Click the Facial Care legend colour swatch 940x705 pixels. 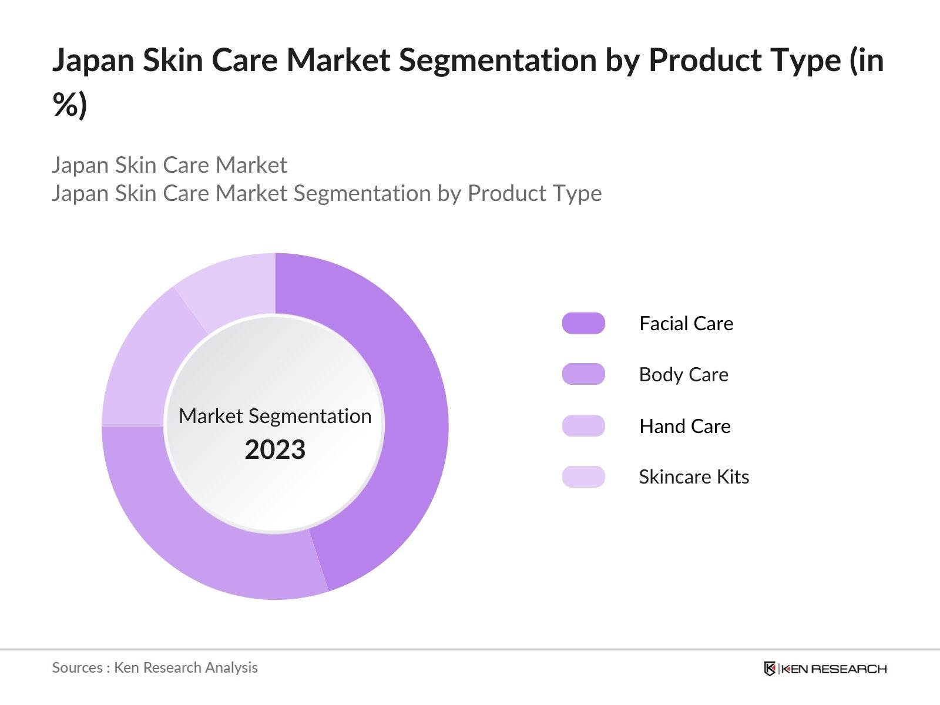coord(583,323)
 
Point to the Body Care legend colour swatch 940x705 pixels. coord(583,374)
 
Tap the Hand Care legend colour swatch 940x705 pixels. coord(583,426)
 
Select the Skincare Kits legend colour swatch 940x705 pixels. coord(583,476)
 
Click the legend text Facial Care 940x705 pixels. coord(686,323)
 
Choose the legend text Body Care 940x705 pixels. coord(683,374)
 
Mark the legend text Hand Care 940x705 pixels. coord(684,426)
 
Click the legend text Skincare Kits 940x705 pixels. coord(693,476)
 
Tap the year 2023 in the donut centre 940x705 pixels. coord(275,449)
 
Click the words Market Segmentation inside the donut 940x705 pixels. coord(275,416)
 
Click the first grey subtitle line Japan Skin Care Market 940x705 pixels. coord(169,165)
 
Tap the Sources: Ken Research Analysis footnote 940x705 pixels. coord(155,667)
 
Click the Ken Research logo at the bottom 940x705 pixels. coord(825,669)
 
